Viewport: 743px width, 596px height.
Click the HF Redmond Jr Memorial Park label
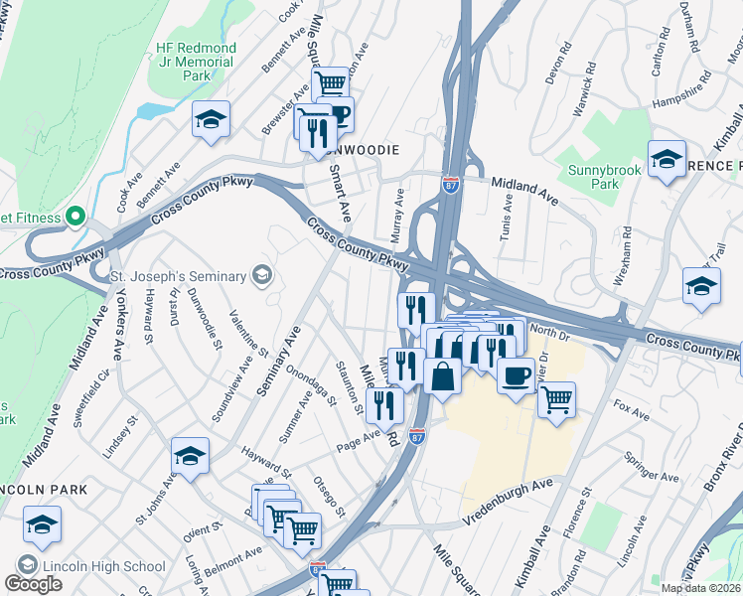click(195, 62)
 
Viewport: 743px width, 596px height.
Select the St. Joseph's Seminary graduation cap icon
click(262, 275)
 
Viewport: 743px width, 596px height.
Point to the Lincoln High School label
click(103, 566)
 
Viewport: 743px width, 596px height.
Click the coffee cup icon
click(515, 376)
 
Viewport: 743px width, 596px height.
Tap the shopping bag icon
click(442, 377)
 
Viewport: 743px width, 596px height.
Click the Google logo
click(33, 584)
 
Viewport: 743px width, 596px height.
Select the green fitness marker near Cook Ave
click(74, 217)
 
